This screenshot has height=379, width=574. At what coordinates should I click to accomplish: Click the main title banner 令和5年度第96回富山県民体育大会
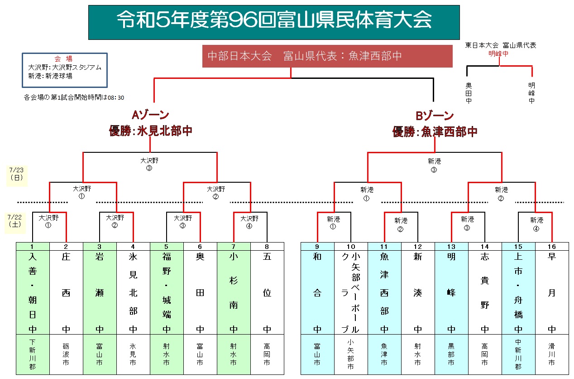(274, 22)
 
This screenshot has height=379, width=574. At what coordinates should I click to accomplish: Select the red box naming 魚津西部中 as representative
(327, 56)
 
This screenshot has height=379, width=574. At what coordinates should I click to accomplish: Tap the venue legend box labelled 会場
(64, 70)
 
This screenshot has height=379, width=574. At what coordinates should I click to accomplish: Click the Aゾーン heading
(150, 116)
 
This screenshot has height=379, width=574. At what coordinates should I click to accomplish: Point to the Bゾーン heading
(435, 116)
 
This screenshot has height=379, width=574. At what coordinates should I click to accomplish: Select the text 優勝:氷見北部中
(150, 131)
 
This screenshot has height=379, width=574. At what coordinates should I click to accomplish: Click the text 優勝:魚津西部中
(435, 131)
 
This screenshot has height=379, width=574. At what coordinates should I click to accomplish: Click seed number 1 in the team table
(33, 247)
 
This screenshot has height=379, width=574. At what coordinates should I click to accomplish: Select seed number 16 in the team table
(552, 247)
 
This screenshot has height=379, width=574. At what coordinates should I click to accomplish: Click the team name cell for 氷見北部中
(133, 292)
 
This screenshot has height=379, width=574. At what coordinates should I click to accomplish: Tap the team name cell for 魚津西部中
(384, 292)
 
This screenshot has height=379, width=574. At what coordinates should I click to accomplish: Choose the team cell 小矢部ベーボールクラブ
(351, 292)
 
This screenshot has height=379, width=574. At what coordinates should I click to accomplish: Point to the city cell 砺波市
(66, 355)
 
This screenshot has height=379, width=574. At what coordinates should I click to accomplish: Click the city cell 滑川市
(552, 355)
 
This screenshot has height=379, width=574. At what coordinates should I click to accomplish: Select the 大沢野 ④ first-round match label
(249, 221)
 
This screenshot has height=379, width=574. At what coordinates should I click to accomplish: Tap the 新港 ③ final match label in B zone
(434, 165)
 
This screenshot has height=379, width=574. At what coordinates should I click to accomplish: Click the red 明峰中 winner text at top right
(498, 53)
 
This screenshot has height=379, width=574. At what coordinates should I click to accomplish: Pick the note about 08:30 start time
(74, 97)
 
